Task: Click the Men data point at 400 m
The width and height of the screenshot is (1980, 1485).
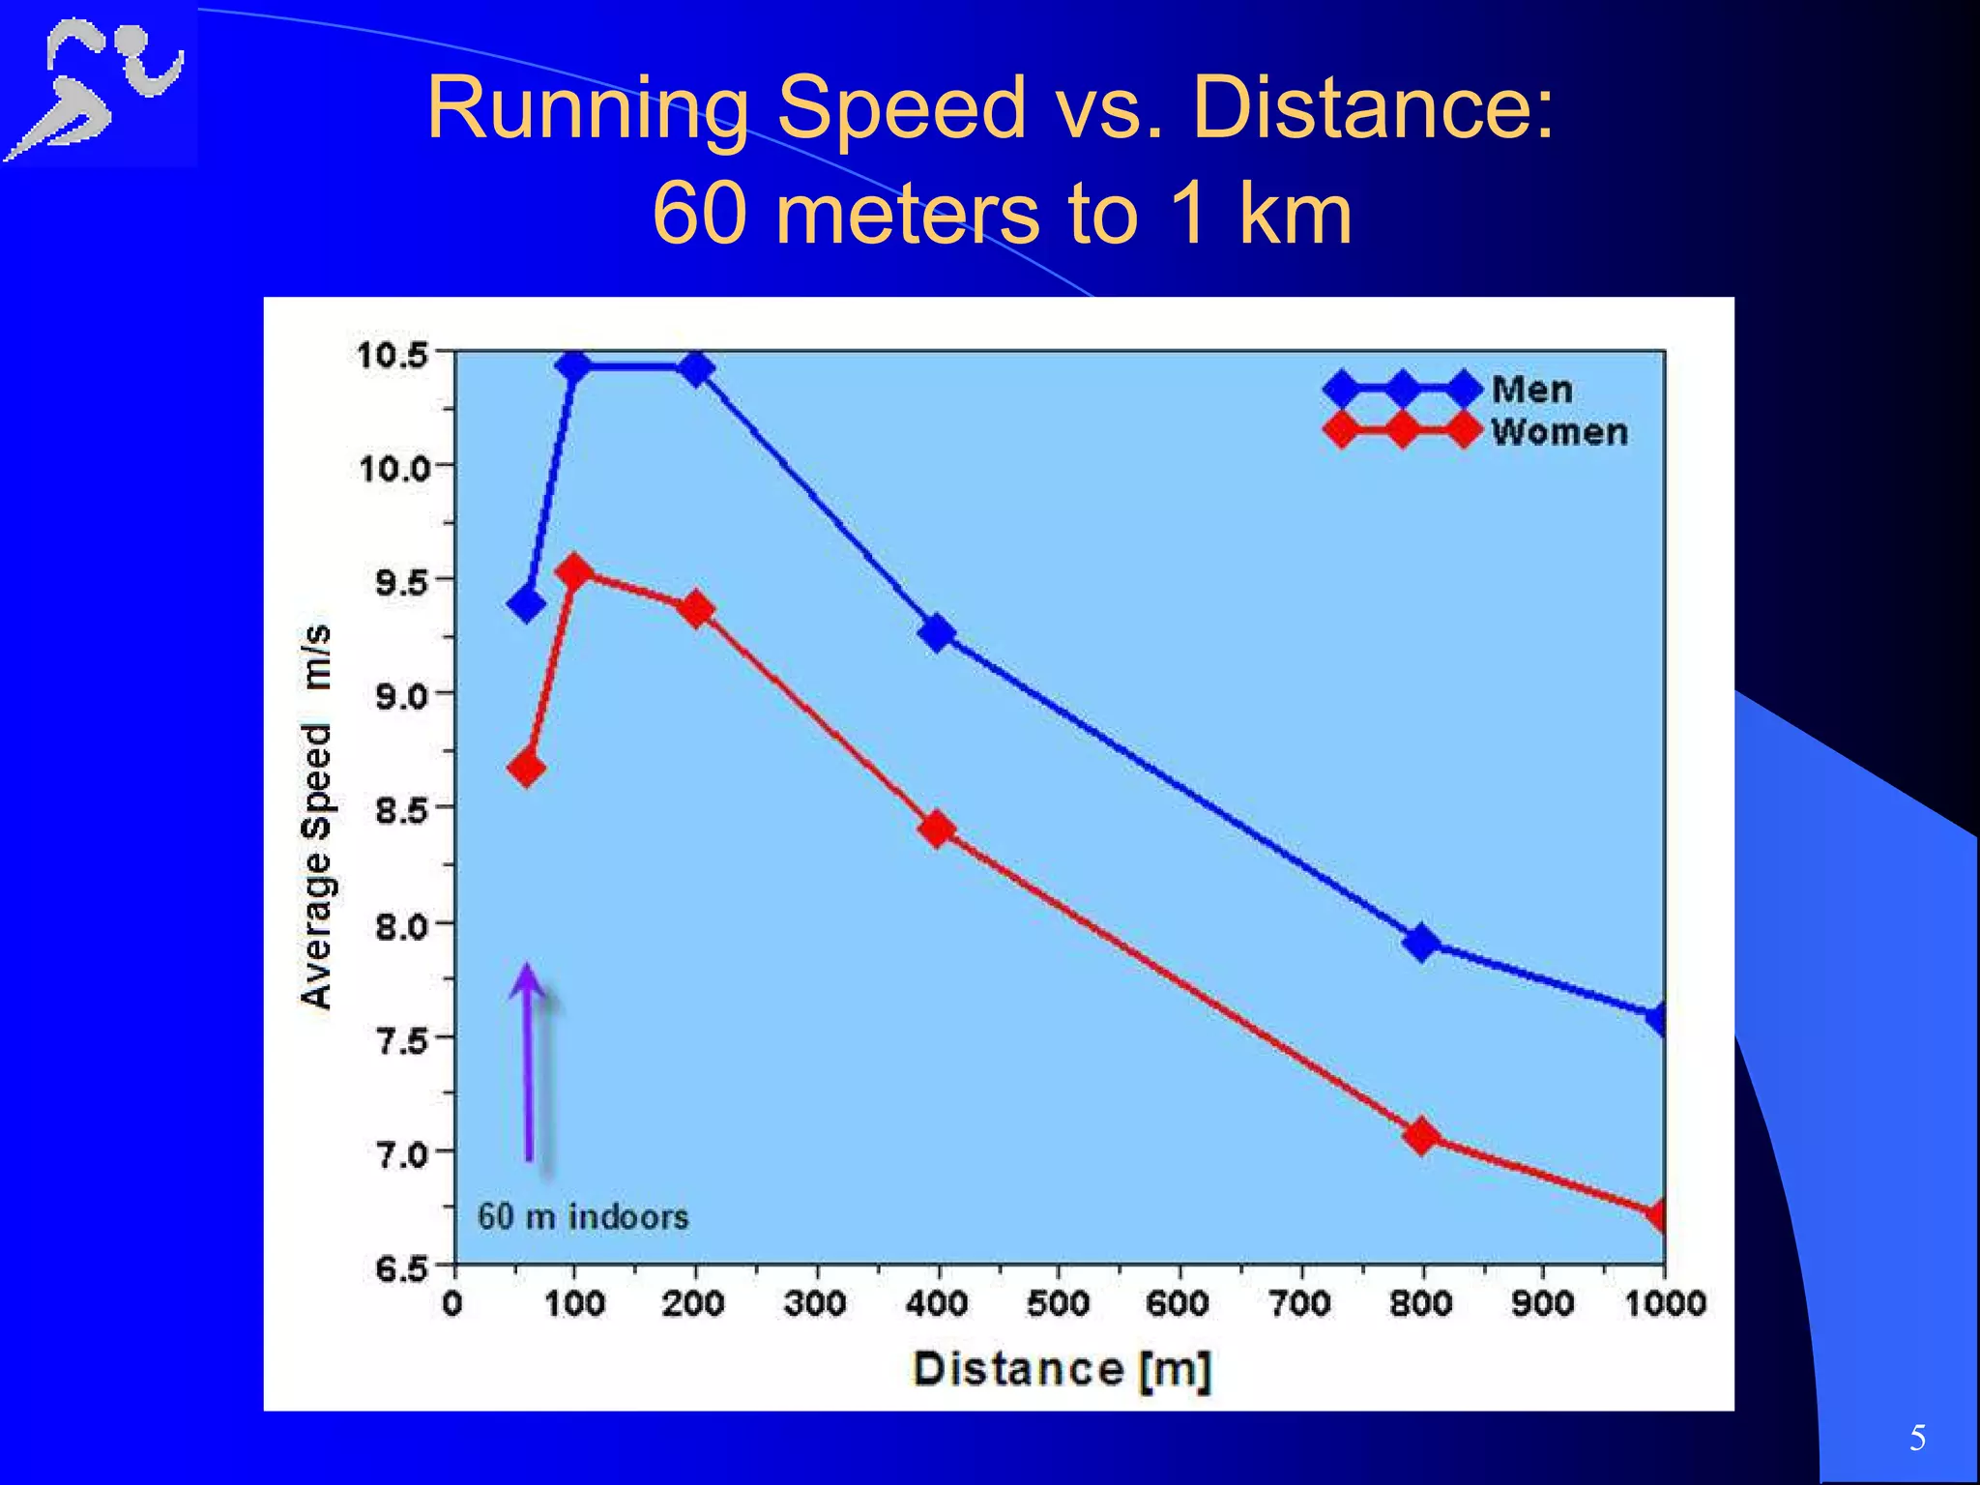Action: pyautogui.click(x=936, y=633)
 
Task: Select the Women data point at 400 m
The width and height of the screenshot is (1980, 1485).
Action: pyautogui.click(x=936, y=829)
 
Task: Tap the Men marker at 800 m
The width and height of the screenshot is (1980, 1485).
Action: pyautogui.click(x=1421, y=941)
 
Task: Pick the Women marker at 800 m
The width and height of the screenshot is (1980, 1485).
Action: pyautogui.click(x=1421, y=1136)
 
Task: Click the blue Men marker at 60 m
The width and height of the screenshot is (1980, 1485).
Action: pyautogui.click(x=526, y=604)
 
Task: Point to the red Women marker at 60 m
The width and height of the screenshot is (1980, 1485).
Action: pyautogui.click(x=526, y=769)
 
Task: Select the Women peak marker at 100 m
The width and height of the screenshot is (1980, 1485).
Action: pyautogui.click(x=574, y=571)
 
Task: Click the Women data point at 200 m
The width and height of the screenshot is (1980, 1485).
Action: pyautogui.click(x=695, y=610)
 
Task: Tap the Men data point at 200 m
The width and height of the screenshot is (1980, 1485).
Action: pyautogui.click(x=695, y=368)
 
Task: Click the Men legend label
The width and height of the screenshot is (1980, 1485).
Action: pyautogui.click(x=1531, y=390)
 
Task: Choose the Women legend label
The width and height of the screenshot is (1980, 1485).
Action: pyautogui.click(x=1558, y=432)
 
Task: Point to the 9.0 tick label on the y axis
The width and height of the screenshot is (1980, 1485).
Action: pyautogui.click(x=401, y=695)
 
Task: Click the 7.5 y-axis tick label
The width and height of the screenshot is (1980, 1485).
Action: pyautogui.click(x=401, y=1040)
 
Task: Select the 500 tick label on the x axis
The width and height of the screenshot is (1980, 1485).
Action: pyautogui.click(x=1058, y=1303)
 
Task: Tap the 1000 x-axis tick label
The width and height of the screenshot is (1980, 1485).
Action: pyautogui.click(x=1665, y=1303)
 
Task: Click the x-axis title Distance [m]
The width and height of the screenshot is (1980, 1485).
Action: pyautogui.click(x=1062, y=1369)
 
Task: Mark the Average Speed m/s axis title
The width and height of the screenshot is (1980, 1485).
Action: pyautogui.click(x=316, y=817)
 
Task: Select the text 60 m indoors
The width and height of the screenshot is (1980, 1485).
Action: pyautogui.click(x=583, y=1216)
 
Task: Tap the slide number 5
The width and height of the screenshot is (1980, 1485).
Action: pyautogui.click(x=1917, y=1439)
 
